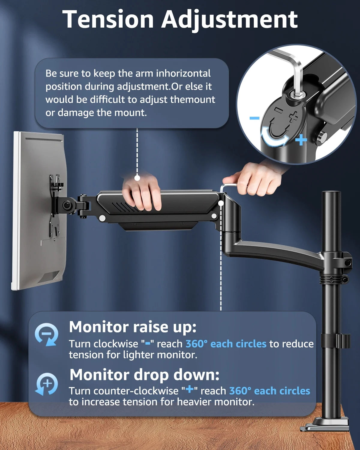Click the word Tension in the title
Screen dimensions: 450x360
tap(108, 19)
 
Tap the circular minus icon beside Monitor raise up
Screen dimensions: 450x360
tap(46, 334)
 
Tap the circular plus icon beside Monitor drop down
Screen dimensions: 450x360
tap(47, 384)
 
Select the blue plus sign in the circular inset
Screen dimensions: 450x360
tap(301, 140)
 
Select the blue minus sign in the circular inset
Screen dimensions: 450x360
tap(254, 118)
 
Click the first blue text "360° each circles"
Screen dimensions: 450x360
tap(226, 344)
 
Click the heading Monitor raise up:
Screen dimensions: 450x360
tap(133, 327)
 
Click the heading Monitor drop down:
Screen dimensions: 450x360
tap(144, 375)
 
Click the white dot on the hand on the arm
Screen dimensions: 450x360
tap(137, 178)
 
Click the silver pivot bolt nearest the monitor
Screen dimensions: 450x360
tap(102, 218)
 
